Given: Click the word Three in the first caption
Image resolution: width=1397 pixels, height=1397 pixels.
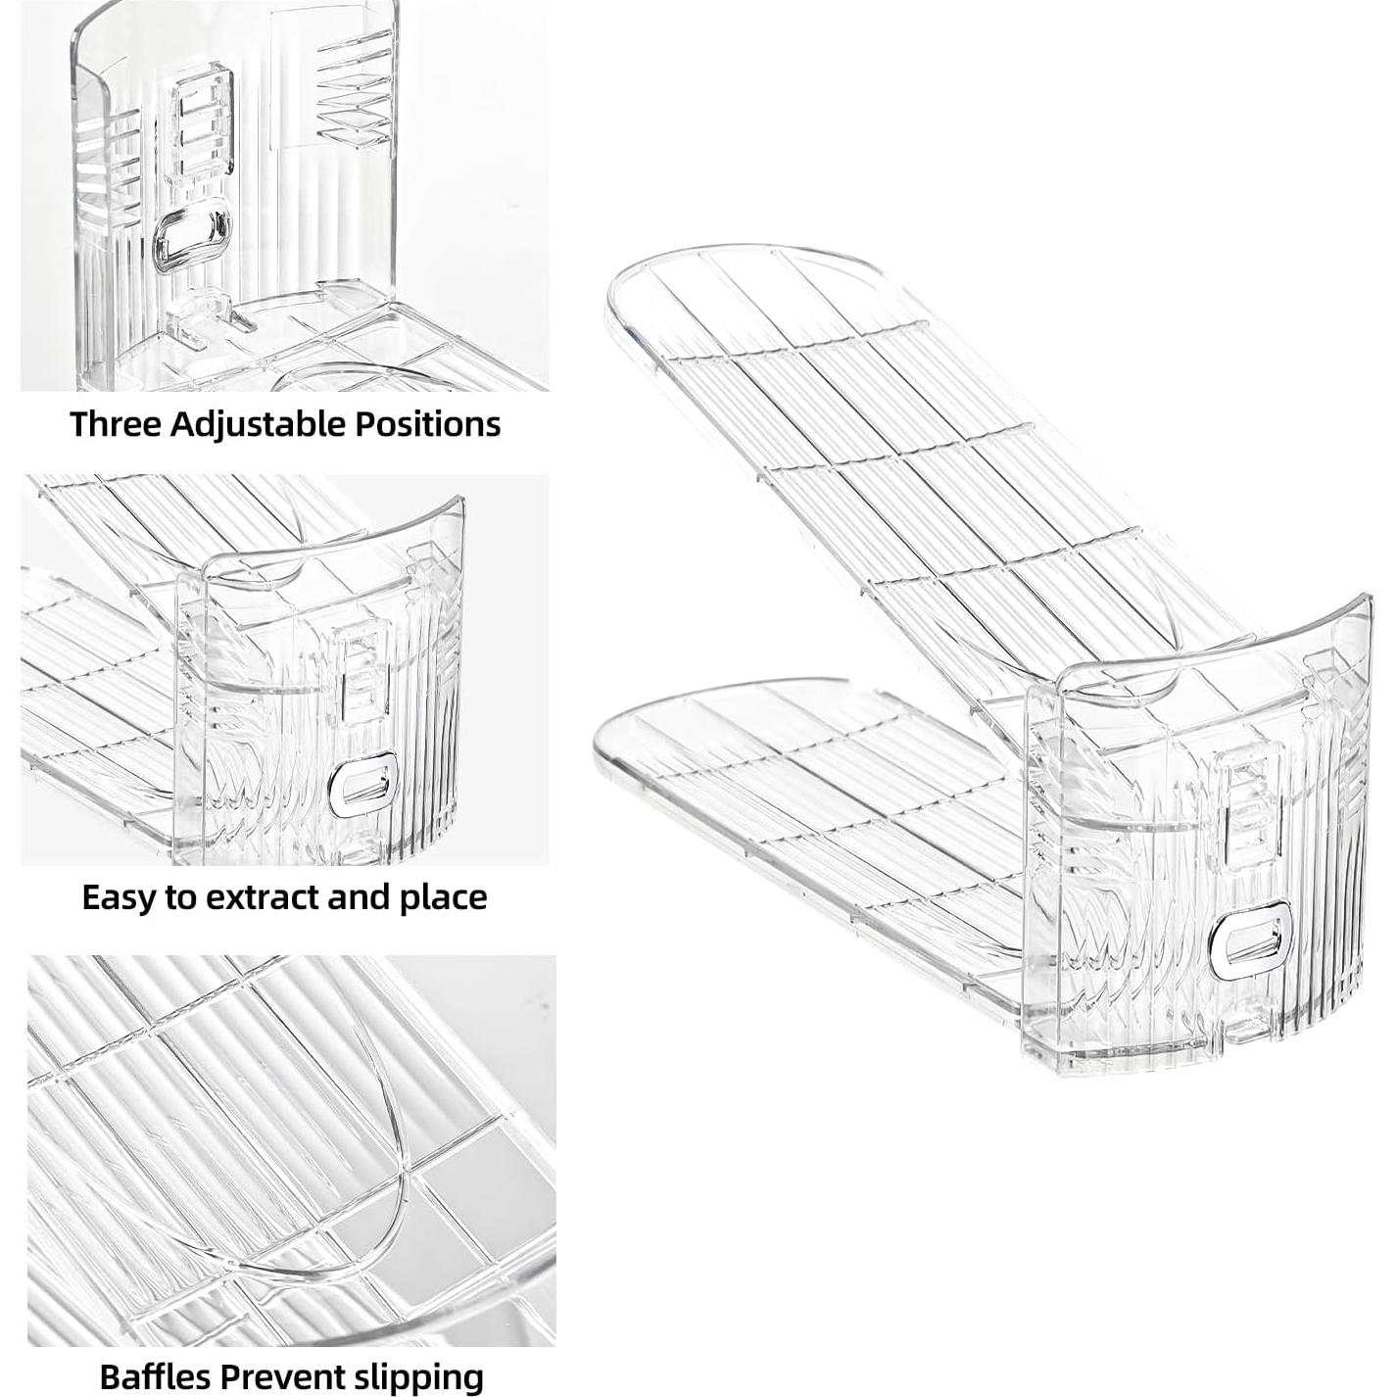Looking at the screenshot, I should point(116,424).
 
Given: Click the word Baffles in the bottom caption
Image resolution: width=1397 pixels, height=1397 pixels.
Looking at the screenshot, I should point(155,1376).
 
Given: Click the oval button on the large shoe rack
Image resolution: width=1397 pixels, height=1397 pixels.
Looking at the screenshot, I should point(1250,941).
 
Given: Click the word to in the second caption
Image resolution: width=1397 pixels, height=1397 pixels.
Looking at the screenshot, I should point(181,897).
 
